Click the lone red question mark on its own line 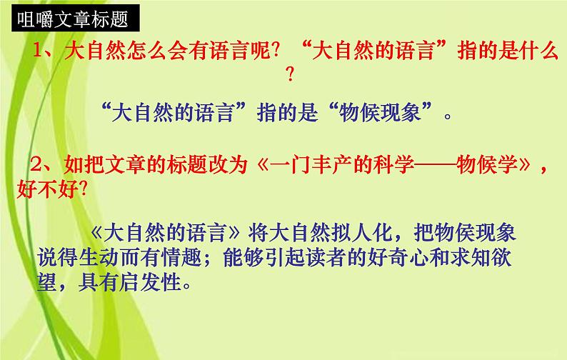(x=289, y=74)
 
